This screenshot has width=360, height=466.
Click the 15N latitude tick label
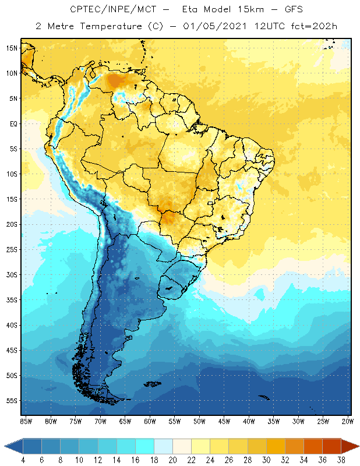11,48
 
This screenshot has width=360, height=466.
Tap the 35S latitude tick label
11,300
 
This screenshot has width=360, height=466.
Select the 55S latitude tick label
11,401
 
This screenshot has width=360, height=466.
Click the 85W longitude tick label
26,421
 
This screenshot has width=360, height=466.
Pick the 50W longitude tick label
199,421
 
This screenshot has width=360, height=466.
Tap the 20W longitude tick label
348,421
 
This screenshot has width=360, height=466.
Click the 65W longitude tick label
125,421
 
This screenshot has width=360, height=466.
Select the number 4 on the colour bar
23,460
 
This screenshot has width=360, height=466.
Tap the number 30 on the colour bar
266,460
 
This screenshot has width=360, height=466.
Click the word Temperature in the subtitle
100,26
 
